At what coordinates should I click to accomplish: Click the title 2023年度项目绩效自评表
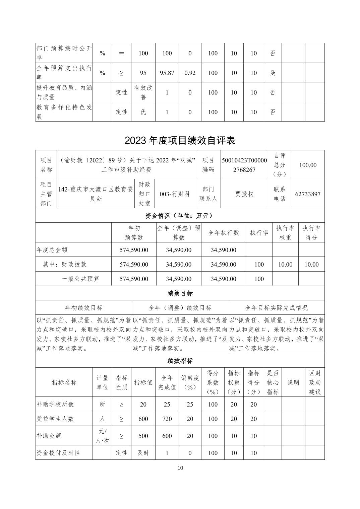click(180, 140)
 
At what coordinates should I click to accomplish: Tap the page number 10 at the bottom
click(180, 468)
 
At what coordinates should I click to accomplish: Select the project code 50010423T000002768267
click(244, 165)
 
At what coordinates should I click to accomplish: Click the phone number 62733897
click(308, 194)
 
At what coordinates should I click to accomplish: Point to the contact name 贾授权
click(244, 194)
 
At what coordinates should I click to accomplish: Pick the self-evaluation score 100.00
click(308, 165)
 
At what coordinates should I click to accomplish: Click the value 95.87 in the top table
click(167, 73)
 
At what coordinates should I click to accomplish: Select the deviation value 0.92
click(190, 73)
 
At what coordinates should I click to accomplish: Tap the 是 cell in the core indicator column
click(273, 73)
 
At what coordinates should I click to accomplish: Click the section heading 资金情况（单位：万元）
click(180, 216)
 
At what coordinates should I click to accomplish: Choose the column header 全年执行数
click(224, 233)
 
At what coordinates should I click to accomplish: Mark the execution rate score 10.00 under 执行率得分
click(311, 265)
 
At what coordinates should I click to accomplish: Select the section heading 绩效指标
click(180, 361)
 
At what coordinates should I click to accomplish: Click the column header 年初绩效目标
click(83, 308)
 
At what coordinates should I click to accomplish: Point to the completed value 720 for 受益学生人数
click(167, 419)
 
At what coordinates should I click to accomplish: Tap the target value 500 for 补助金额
click(143, 436)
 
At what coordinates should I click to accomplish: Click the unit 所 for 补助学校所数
click(102, 405)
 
